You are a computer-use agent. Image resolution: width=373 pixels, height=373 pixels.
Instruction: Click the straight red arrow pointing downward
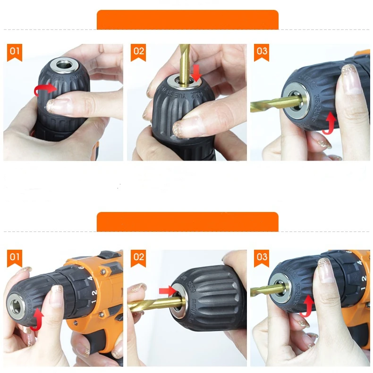(x=197, y=72)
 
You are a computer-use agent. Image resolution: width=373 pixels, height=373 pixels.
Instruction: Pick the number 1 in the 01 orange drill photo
(x=93, y=301)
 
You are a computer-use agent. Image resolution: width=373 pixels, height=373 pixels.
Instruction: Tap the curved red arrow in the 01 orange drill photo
(x=37, y=320)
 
